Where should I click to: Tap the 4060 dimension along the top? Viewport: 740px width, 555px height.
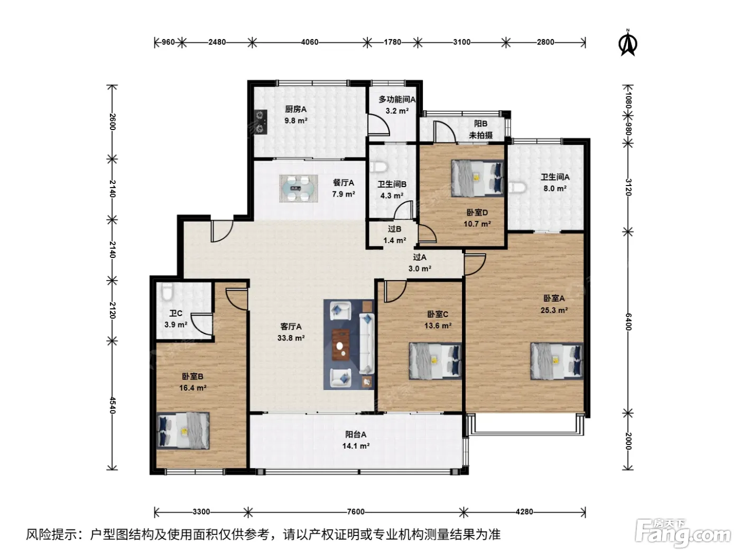(x=310, y=42)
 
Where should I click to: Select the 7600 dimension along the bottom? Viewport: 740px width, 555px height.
(x=356, y=512)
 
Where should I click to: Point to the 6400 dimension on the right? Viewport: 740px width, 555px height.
(x=628, y=321)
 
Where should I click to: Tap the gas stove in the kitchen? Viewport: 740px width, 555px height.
(x=261, y=122)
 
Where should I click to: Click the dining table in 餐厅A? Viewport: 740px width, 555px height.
(x=298, y=188)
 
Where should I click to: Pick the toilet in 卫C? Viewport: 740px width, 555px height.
(x=167, y=291)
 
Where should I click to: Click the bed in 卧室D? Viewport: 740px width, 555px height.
(x=477, y=178)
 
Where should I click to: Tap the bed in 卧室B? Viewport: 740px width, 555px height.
(x=183, y=431)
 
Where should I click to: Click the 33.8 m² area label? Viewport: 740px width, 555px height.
(x=291, y=338)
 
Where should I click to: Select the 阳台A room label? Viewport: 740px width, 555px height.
(x=356, y=434)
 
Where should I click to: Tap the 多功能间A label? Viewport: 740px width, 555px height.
(x=397, y=99)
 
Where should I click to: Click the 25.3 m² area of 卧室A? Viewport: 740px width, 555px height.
(x=554, y=310)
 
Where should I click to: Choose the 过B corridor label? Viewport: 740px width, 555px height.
(x=394, y=229)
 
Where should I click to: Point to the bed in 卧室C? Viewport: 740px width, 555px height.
(x=435, y=361)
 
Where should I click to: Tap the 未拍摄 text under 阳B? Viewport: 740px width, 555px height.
(x=481, y=135)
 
